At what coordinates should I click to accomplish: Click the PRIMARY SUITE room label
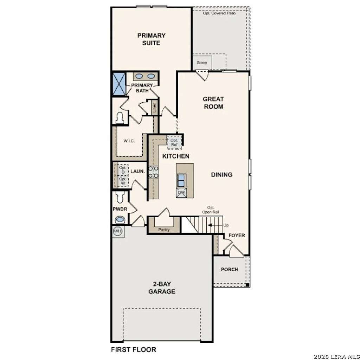151,39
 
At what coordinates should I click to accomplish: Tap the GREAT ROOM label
213,103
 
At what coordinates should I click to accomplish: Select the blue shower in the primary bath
119,84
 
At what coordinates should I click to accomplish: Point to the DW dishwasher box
181,193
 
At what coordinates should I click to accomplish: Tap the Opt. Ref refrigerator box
174,142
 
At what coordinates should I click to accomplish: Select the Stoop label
202,63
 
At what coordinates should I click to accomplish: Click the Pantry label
164,230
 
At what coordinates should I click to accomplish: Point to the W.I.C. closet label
129,141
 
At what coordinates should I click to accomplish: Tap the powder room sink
120,220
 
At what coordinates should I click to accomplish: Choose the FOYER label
237,235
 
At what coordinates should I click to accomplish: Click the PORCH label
229,269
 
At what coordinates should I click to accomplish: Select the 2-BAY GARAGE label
162,288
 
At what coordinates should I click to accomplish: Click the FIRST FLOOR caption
134,349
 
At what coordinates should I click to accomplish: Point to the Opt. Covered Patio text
219,13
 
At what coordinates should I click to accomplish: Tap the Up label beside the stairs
226,225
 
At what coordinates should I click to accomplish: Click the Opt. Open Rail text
211,210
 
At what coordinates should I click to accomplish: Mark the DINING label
221,174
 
